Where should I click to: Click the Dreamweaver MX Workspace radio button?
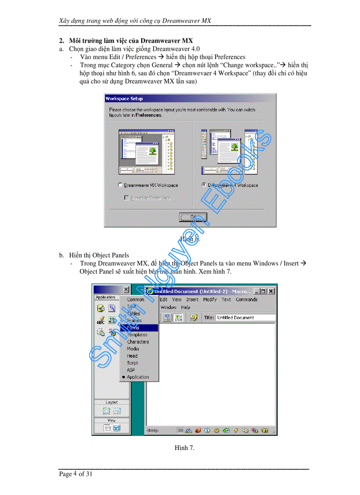[x=120, y=185]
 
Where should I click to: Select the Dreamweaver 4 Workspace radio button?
[x=203, y=185]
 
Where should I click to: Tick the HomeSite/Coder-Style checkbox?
[x=127, y=198]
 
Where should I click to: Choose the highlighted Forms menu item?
[x=133, y=328]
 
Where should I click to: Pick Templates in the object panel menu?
[x=137, y=335]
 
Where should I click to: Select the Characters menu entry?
[x=138, y=342]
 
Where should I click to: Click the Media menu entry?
[x=133, y=349]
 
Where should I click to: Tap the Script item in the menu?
[x=132, y=363]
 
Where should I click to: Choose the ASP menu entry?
[x=131, y=370]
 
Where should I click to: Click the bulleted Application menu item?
[x=138, y=377]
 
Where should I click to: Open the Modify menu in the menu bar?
[x=210, y=299]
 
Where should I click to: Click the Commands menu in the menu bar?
[x=246, y=299]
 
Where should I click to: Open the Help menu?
[x=186, y=307]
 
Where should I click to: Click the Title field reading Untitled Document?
[x=245, y=317]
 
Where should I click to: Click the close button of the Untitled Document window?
[x=271, y=291]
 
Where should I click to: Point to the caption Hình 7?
[x=184, y=448]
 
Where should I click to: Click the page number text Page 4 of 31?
[x=76, y=474]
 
